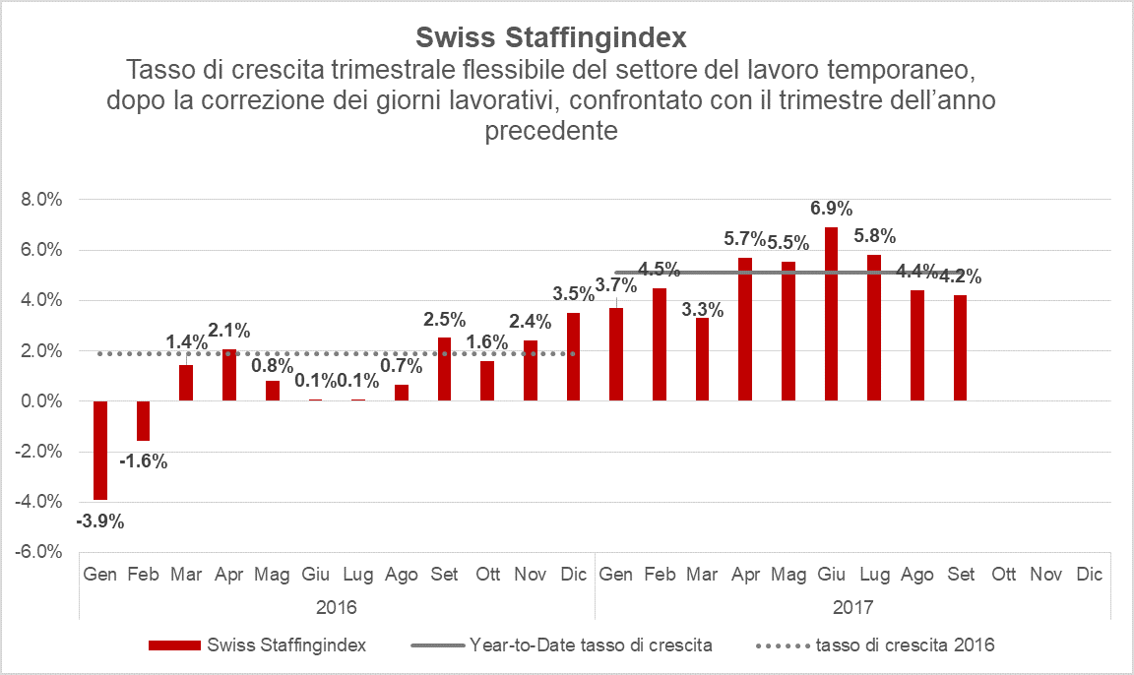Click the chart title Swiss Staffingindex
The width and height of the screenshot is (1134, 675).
tap(551, 37)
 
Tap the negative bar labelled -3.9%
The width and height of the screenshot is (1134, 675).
tap(100, 450)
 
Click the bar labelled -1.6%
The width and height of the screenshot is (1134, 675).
tap(143, 421)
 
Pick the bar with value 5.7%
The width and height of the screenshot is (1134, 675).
tap(745, 330)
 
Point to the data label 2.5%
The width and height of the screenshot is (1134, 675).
tap(443, 320)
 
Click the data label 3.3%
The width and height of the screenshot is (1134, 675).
tap(703, 311)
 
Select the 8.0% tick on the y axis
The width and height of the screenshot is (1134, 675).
tap(42, 200)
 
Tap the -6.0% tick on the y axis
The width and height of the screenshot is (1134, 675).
tap(40, 552)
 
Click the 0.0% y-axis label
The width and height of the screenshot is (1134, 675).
tap(42, 401)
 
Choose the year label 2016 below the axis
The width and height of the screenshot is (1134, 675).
tap(337, 606)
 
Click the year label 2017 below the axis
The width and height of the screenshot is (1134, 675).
tap(852, 606)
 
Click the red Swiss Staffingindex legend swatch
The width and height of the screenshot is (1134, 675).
tap(174, 645)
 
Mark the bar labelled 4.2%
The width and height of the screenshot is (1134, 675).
tap(959, 348)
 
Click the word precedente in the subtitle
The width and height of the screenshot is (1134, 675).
tap(551, 131)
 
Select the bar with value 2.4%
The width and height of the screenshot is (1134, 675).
tap(530, 371)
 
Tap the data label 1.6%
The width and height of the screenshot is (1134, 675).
tap(487, 342)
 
